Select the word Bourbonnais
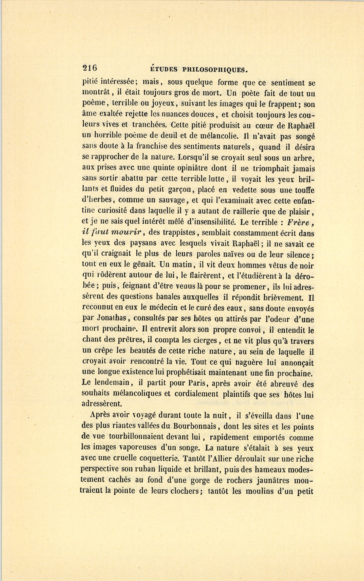[x=197, y=427]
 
